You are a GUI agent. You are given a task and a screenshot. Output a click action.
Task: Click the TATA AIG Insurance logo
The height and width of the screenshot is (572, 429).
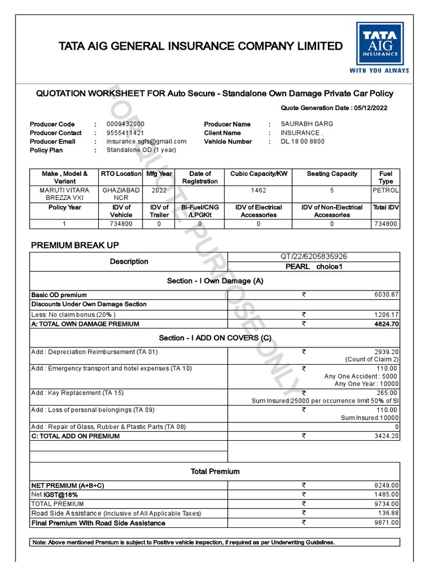click(x=379, y=47)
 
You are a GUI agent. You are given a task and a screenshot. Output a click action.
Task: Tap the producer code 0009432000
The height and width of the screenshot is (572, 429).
click(x=125, y=124)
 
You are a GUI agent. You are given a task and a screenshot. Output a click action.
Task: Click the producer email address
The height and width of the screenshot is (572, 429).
click(x=146, y=142)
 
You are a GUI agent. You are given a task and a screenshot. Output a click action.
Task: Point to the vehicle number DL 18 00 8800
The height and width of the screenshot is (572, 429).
click(x=302, y=142)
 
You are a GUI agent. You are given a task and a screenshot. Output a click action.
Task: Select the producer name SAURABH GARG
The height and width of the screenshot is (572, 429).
click(x=307, y=124)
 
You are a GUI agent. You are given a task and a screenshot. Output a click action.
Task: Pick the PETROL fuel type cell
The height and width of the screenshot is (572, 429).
click(x=386, y=190)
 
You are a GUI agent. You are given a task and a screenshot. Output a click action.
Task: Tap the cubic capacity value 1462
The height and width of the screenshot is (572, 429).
click(x=259, y=190)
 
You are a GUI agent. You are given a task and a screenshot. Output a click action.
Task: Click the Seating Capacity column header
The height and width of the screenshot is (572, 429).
click(x=332, y=174)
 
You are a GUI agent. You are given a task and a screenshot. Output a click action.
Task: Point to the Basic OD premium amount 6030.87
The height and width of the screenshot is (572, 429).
click(x=387, y=294)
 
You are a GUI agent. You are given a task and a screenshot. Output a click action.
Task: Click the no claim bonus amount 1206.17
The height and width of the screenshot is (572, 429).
click(x=387, y=314)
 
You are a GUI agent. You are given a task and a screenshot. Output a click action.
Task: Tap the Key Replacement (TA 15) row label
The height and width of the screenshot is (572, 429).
click(x=78, y=393)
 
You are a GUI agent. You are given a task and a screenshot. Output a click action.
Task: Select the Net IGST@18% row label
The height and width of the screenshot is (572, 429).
click(x=55, y=495)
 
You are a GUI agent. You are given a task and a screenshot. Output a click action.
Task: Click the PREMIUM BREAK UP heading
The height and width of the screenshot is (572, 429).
click(x=75, y=245)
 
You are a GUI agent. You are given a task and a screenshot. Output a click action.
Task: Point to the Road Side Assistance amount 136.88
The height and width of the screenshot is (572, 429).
click(x=388, y=513)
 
